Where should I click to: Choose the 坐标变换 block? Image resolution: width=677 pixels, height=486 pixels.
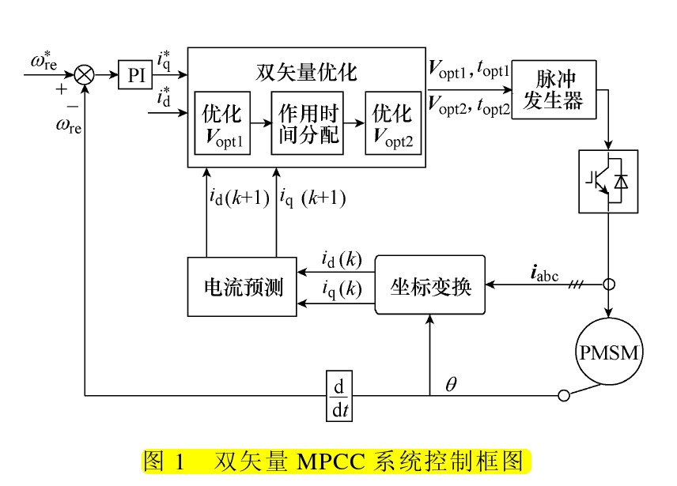click(430, 285)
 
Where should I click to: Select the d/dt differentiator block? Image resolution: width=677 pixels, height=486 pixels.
click(338, 394)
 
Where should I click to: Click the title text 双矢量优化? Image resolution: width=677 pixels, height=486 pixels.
click(307, 73)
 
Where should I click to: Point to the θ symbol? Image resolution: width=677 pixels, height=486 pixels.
click(452, 384)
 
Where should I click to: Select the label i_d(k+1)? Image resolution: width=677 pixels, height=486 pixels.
click(240, 198)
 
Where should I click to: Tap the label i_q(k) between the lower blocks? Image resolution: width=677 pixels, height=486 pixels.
click(342, 289)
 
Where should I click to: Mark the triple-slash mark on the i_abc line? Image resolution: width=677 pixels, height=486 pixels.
click(577, 284)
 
